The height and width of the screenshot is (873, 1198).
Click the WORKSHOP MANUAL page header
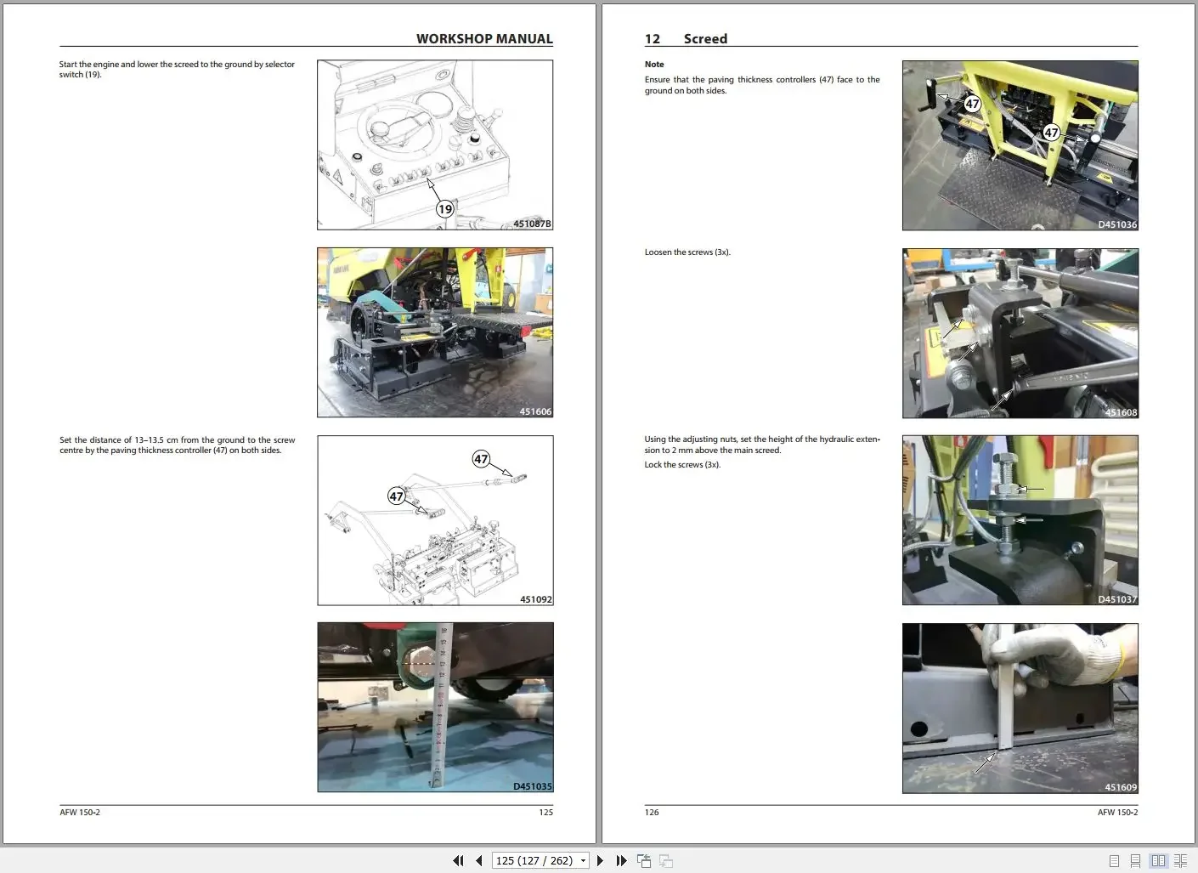pos(484,39)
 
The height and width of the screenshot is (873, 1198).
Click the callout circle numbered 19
pos(445,209)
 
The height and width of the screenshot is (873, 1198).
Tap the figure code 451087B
pos(532,224)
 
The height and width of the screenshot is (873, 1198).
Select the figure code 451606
pos(535,412)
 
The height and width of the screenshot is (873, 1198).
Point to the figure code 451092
pos(535,600)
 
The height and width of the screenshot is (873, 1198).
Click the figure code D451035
pos(532,787)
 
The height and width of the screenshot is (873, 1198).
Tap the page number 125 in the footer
pos(545,813)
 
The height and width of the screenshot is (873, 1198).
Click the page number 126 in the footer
pos(652,813)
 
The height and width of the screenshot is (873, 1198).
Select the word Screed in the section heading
pos(705,39)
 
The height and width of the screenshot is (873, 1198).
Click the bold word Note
pos(654,65)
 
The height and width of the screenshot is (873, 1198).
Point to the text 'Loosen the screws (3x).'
pos(687,252)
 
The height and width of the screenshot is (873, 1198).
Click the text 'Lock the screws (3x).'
pos(682,465)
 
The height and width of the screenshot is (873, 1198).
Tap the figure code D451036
pos(1116,225)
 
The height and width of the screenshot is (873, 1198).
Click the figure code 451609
pos(1121,788)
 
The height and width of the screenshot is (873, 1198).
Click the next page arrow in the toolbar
pos(600,861)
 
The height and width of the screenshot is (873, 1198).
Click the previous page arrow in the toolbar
pos(479,861)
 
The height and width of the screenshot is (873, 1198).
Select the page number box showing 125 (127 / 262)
pos(540,861)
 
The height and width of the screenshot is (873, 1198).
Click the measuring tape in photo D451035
pos(440,706)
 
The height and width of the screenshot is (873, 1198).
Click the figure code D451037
pos(1116,600)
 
